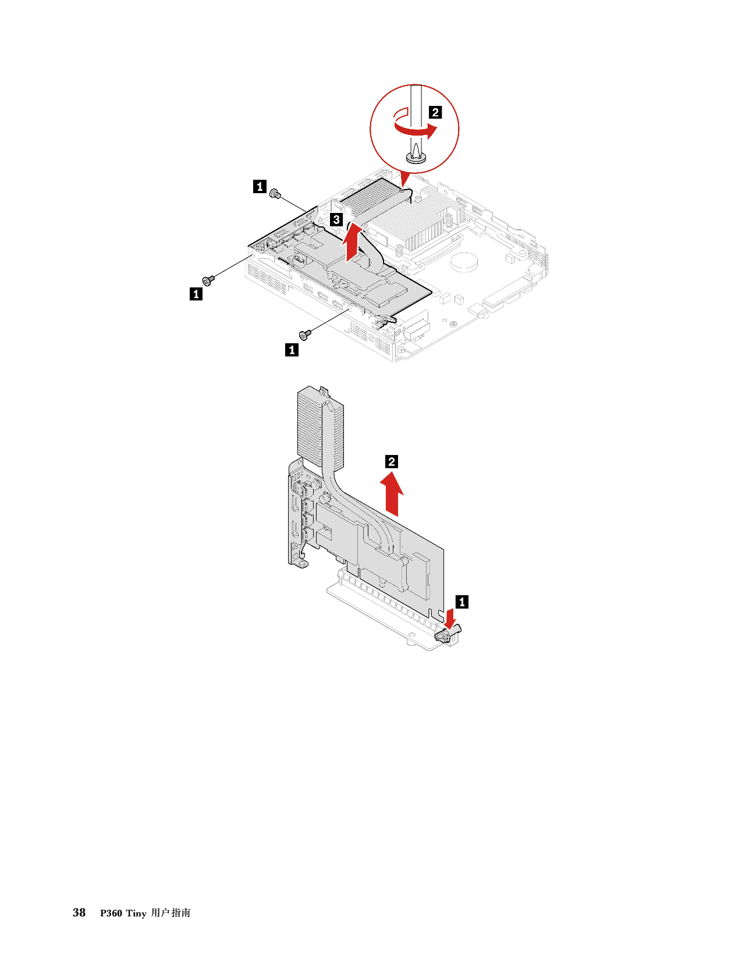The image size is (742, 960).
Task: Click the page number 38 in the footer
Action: coord(79,912)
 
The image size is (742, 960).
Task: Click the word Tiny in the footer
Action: coord(136,913)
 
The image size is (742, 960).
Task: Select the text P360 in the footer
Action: coord(111,913)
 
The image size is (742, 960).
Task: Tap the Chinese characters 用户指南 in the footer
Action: coord(171,913)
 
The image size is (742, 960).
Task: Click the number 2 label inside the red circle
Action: coord(435,112)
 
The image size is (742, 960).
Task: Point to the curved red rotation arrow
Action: coord(416,127)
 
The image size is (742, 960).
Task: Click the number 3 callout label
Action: coord(337,219)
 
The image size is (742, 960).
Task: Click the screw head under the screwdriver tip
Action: coord(416,158)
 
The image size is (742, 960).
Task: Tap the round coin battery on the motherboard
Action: coord(464,262)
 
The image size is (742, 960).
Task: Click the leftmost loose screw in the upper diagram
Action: coord(208,280)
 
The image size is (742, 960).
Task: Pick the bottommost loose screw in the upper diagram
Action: coord(305,335)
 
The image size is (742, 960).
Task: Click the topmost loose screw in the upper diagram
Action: coord(275,193)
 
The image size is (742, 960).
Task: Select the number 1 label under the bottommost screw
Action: coord(292,350)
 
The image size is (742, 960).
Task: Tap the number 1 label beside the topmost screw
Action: coord(260,186)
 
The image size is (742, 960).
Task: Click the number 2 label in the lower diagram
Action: coord(392,461)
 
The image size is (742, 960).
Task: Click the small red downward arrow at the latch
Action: coord(450,618)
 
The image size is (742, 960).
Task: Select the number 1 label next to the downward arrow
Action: coord(462,602)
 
